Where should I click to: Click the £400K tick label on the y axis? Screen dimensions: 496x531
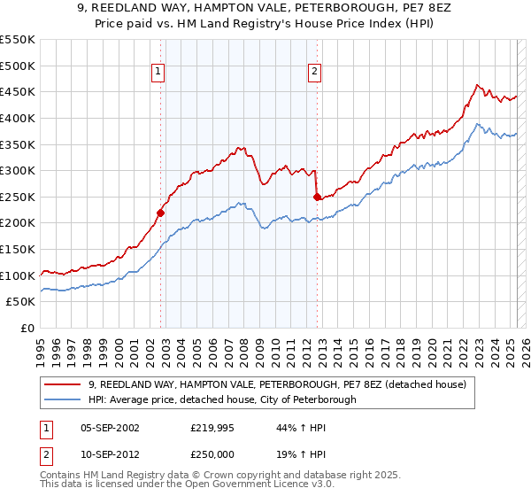pyautogui.click(x=18, y=118)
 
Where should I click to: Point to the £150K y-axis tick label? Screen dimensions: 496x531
pyautogui.click(x=18, y=249)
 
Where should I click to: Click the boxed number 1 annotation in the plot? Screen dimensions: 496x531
pyautogui.click(x=158, y=74)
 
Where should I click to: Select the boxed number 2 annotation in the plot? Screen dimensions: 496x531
pyautogui.click(x=314, y=74)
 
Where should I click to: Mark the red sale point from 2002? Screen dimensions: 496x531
pyautogui.click(x=160, y=213)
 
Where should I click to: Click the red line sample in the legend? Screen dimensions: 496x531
pyautogui.click(x=62, y=384)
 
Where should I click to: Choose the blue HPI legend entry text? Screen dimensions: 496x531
pyautogui.click(x=222, y=399)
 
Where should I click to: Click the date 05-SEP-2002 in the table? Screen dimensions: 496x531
pyautogui.click(x=110, y=427)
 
